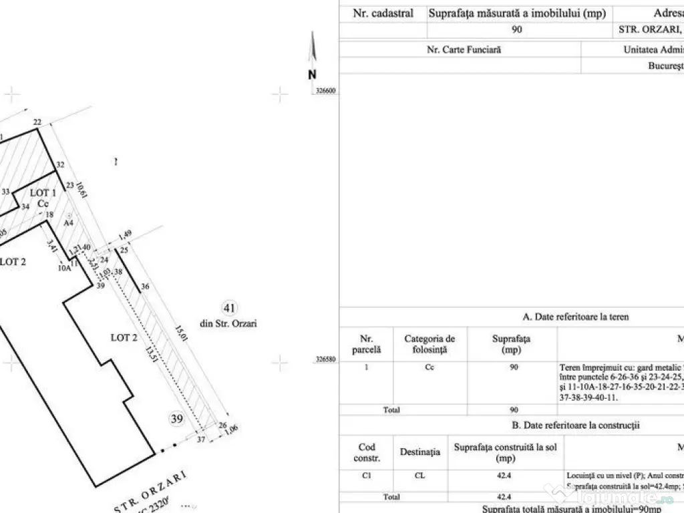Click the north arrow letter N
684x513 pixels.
pos(312,75)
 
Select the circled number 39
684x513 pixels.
pos(176,419)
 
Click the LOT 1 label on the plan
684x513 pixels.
pos(45,193)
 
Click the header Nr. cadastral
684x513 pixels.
pos(383,13)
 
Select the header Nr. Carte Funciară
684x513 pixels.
pos(464,49)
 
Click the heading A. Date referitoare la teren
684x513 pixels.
pos(575,317)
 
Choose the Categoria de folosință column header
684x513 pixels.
pos(430,344)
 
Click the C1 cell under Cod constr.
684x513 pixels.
pos(367,476)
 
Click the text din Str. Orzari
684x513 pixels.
pos(228,323)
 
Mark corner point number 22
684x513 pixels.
pos(37,122)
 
